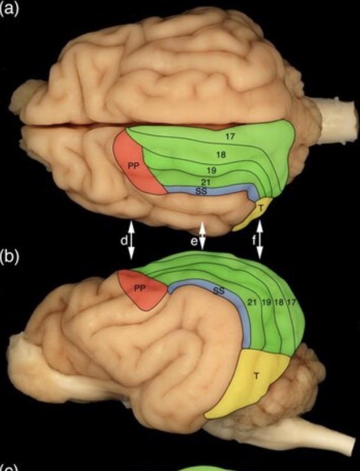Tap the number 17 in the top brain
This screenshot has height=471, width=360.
point(230,136)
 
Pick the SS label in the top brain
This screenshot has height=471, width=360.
point(201,191)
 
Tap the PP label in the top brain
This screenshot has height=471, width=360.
point(133,166)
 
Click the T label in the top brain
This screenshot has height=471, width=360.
point(260,207)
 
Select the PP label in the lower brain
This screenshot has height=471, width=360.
point(140,287)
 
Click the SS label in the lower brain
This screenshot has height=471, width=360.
point(218,291)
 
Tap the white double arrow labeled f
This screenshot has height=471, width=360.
point(258,238)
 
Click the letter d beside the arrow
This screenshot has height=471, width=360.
point(123,241)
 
